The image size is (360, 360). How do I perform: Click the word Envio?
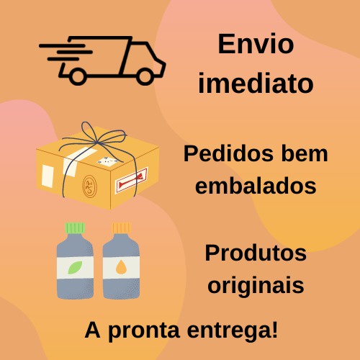pyautogui.click(x=256, y=44)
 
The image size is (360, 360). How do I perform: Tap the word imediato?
pyautogui.click(x=256, y=83)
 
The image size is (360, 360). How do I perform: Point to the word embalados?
pyautogui.click(x=256, y=186)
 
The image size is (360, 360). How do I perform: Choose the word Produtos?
pyautogui.click(x=256, y=253)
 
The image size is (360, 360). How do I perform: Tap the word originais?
pyautogui.click(x=256, y=285)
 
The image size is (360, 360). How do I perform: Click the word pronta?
pyautogui.click(x=144, y=331)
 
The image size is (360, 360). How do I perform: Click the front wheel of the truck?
pyautogui.click(x=145, y=76)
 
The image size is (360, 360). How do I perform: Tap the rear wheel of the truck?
pyautogui.click(x=77, y=76)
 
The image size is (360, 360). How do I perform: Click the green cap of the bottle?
pyautogui.click(x=75, y=228)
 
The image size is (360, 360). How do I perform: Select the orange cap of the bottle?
pyautogui.click(x=121, y=228)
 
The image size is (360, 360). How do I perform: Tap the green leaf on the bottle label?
pyautogui.click(x=75, y=267)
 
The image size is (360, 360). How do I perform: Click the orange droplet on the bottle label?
pyautogui.click(x=121, y=267)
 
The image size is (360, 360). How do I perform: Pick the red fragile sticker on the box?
pyautogui.click(x=132, y=181)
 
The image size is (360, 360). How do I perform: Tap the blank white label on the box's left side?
pyautogui.click(x=48, y=176)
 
